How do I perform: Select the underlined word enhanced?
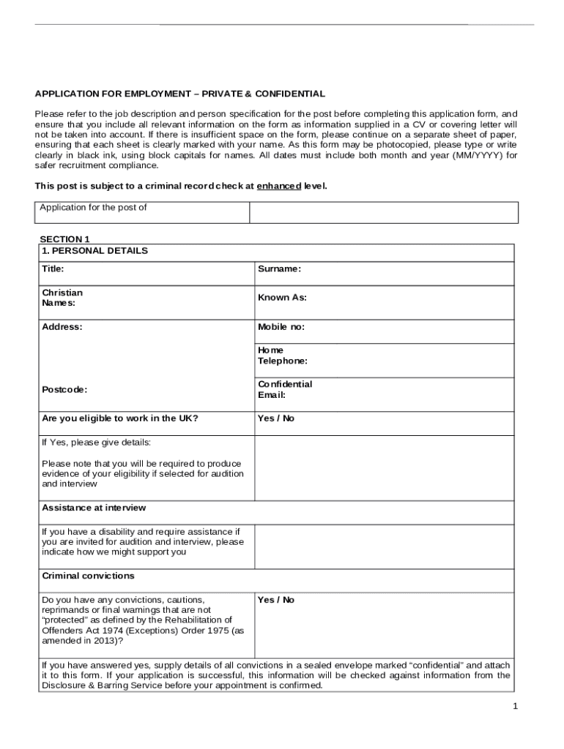coord(278,187)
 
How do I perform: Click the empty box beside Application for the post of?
coord(383,212)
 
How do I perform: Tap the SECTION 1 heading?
coord(64,239)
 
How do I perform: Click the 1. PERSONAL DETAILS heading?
coord(94,251)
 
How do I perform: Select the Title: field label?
coord(53,268)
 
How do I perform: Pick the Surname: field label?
coord(279,268)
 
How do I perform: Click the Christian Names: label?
coord(62,298)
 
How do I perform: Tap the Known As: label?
coord(282,298)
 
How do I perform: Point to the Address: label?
coord(62,327)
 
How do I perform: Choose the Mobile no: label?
coord(281,327)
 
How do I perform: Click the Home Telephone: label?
coord(282,355)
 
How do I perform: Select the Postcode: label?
coord(64,390)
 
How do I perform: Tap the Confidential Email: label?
coord(284,390)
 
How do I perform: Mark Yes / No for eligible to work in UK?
coord(276,418)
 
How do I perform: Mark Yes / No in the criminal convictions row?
coord(276,600)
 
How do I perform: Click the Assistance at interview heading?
coord(94,508)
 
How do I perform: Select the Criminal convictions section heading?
coord(88,576)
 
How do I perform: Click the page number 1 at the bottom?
coord(516,706)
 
